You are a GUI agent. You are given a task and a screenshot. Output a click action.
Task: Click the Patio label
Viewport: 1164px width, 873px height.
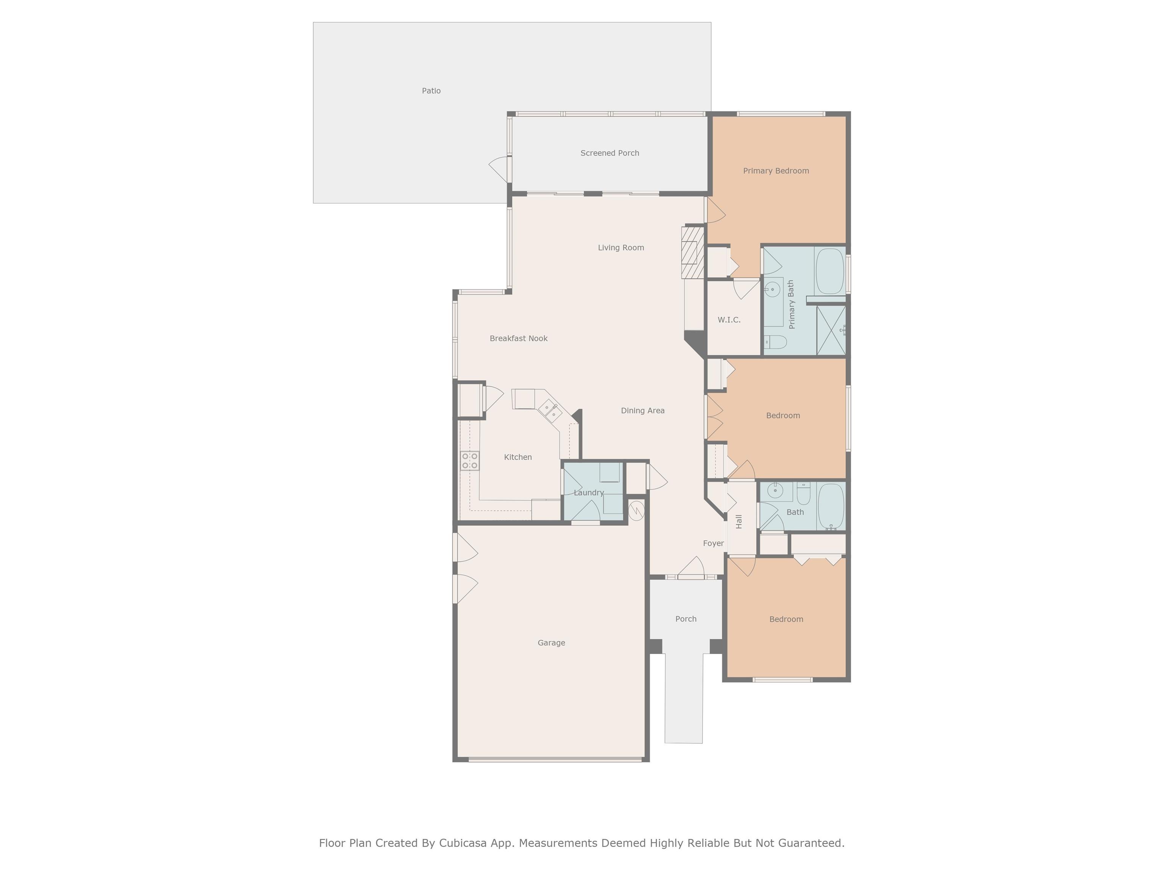point(431,91)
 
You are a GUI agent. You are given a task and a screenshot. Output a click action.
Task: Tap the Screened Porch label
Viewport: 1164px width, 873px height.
point(609,153)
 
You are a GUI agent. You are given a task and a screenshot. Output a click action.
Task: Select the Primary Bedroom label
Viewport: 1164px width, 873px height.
point(776,171)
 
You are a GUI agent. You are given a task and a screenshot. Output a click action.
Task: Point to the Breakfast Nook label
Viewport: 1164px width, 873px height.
point(518,338)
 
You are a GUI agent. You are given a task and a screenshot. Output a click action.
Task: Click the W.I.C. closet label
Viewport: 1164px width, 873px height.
point(729,320)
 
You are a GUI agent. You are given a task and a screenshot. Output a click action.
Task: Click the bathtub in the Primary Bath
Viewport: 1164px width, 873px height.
point(830,272)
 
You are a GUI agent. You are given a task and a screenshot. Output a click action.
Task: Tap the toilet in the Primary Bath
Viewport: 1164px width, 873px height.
point(774,343)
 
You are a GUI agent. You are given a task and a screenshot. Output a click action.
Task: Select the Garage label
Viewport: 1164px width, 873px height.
point(551,643)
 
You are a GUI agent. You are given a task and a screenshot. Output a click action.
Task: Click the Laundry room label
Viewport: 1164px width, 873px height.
point(588,493)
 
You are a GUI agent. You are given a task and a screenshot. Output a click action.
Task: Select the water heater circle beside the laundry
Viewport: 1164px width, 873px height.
point(636,510)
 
